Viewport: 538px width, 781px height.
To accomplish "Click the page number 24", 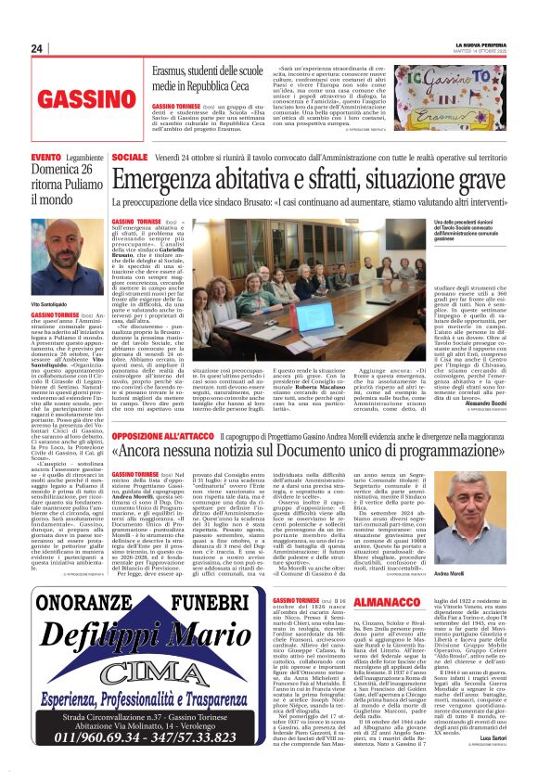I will (37, 49).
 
